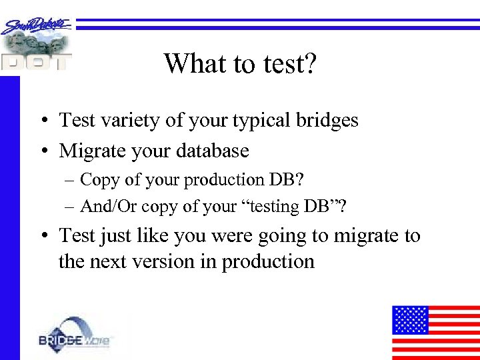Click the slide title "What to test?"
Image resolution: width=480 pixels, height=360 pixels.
tap(240, 64)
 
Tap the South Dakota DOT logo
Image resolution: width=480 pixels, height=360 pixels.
tap(37, 43)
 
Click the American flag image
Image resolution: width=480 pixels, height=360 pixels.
tap(435, 332)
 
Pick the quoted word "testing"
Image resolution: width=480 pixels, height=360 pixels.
tap(273, 207)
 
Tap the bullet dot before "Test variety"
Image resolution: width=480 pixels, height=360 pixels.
tap(42, 121)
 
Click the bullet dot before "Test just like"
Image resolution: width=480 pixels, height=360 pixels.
tap(42, 237)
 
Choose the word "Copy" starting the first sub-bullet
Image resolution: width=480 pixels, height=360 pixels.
tap(98, 180)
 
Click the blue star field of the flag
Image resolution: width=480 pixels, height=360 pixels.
tap(409, 320)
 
